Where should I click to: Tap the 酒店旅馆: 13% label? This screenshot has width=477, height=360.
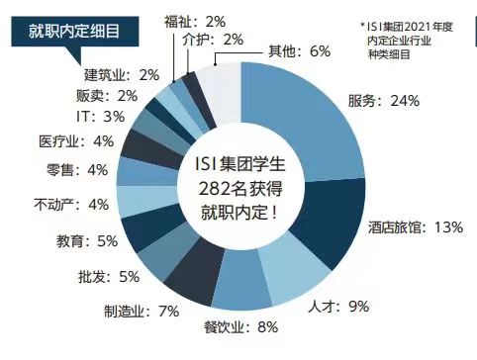(x=416, y=227)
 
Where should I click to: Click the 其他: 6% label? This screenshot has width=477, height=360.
(x=299, y=51)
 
